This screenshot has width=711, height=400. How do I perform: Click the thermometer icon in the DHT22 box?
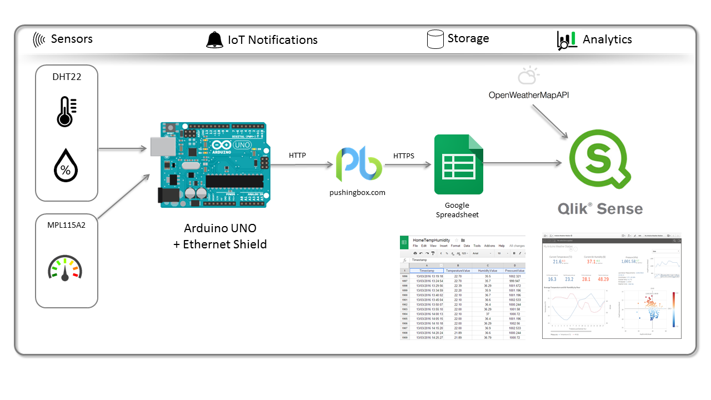(x=66, y=111)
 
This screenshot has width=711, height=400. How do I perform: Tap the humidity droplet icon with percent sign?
(x=66, y=165)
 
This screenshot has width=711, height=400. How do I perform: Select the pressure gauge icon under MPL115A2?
(x=64, y=268)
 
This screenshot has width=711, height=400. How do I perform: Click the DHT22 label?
(x=67, y=77)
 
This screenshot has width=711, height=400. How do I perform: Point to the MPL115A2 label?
(x=67, y=226)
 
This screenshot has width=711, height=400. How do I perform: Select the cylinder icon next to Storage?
(x=435, y=39)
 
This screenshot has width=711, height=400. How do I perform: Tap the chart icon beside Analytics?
(x=567, y=40)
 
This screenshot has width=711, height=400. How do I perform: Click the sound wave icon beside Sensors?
(x=39, y=39)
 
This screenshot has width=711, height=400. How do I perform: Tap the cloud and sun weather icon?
(x=528, y=75)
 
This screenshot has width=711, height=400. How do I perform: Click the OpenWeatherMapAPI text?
(x=529, y=95)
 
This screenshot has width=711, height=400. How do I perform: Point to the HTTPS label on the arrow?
(x=404, y=156)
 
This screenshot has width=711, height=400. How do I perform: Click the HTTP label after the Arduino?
(x=297, y=156)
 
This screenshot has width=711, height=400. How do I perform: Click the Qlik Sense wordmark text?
(x=600, y=209)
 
